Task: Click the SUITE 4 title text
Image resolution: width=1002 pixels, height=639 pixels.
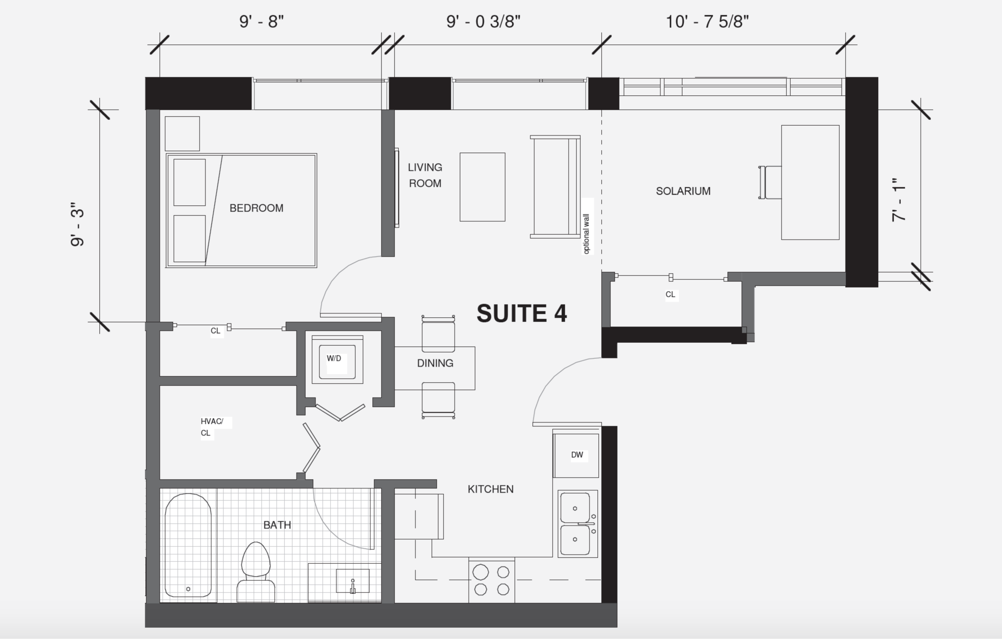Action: coord(522,313)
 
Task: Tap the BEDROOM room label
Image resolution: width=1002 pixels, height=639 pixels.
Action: coord(256,208)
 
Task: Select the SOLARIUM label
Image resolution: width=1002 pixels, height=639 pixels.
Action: coord(683,191)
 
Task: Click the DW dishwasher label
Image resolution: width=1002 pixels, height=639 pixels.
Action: coord(577,455)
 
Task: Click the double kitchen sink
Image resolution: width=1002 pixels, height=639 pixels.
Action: coord(577,524)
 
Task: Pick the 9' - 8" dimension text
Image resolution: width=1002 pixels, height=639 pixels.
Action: coord(261,22)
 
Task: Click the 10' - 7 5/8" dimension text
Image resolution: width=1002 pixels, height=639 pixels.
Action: coord(707,22)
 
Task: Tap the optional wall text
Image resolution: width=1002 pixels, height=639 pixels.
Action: coord(587,234)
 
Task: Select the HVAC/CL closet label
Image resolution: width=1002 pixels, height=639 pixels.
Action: coord(211,427)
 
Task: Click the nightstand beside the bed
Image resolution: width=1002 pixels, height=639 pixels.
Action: coord(182,133)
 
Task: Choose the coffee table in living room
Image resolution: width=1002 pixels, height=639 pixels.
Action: coord(482,187)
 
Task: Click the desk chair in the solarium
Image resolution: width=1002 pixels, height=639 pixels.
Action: coord(769,182)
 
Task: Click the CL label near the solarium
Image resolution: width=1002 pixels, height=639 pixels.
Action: coord(670,294)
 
